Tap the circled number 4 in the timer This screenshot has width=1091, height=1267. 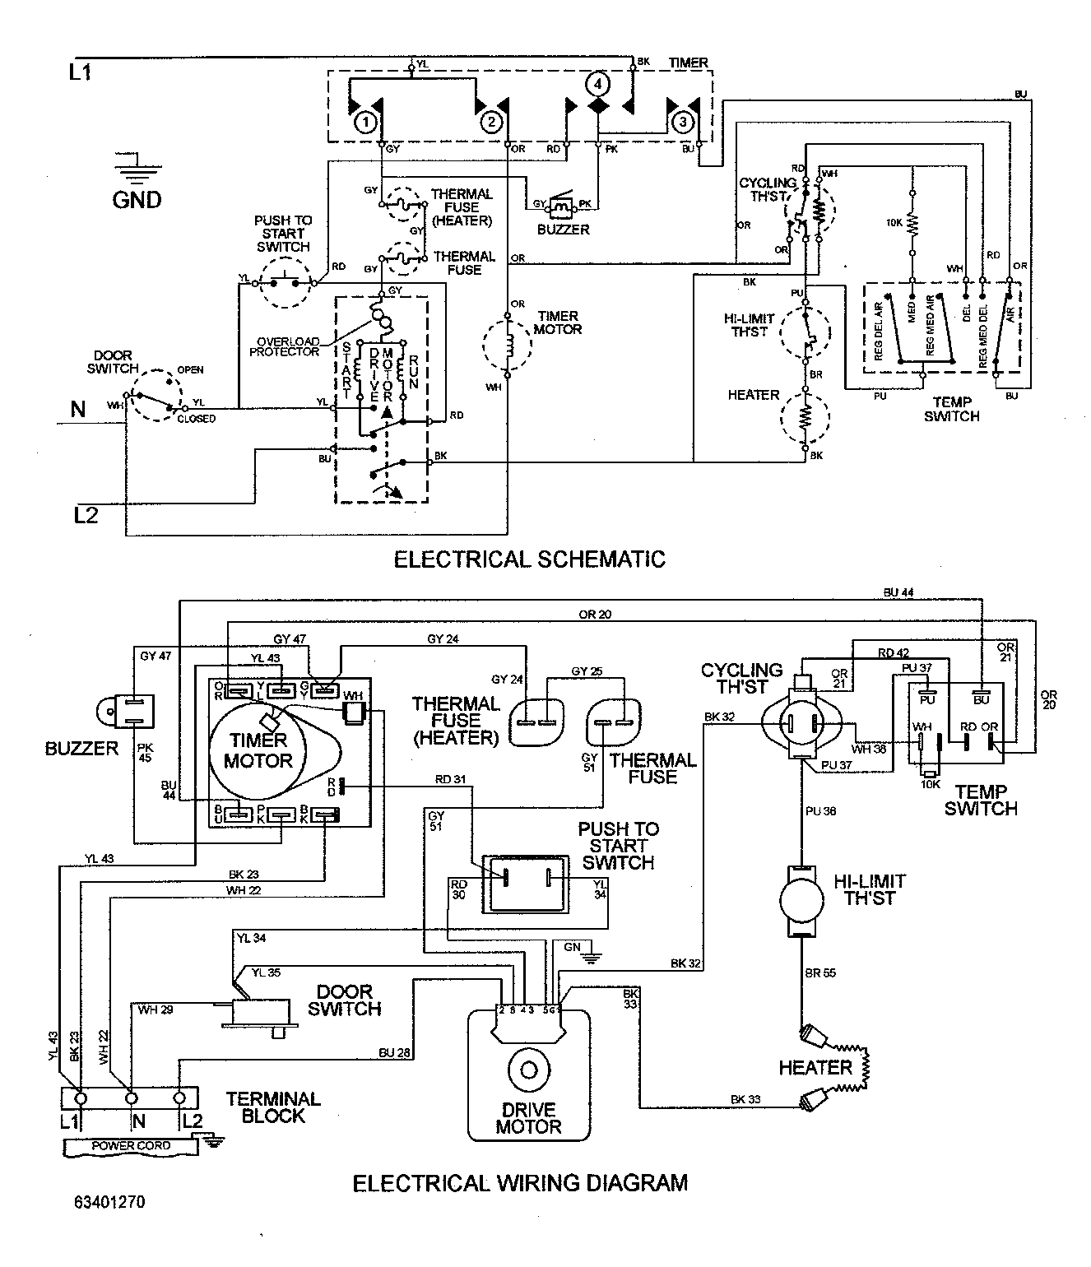point(597,84)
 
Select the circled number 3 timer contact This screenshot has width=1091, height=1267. point(682,122)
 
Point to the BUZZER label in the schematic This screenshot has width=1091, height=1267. point(563,230)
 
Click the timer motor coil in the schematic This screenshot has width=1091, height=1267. point(508,342)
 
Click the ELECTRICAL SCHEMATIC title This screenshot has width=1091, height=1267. point(529,559)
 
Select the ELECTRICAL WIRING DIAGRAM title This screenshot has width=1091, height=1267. point(520,1183)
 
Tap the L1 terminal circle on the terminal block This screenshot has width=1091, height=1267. point(81,1098)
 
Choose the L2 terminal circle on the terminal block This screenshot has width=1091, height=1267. point(179,1098)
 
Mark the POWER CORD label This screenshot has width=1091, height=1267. point(131,1145)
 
